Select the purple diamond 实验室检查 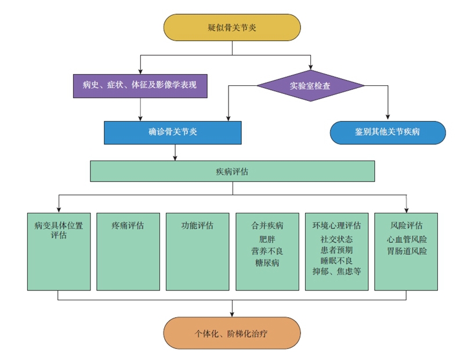(310, 86)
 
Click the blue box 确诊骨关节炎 (173, 132)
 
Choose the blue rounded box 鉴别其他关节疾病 (387, 132)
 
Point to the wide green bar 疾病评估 (232, 172)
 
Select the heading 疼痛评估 (128, 226)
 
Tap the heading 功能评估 (197, 226)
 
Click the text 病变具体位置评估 (58, 230)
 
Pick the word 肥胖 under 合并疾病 (267, 239)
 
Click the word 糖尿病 (267, 263)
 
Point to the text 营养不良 (267, 251)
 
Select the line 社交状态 (336, 239)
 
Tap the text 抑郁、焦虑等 (336, 271)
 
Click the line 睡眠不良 (336, 260)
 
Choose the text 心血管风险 (406, 239)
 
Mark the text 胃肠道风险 (406, 250)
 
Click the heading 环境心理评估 (336, 226)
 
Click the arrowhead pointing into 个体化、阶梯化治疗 (232, 314)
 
